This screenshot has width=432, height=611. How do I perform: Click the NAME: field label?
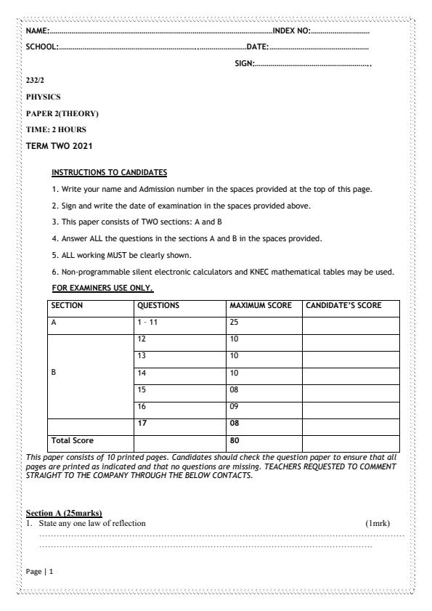point(37,31)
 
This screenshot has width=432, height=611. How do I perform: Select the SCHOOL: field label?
point(41,47)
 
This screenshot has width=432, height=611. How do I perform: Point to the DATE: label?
point(258,47)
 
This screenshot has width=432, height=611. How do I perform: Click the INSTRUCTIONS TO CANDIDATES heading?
point(109,173)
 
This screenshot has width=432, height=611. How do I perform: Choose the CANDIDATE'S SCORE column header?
point(343,306)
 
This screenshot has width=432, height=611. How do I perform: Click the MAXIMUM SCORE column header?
point(260,306)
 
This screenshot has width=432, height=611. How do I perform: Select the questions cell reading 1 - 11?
point(147,323)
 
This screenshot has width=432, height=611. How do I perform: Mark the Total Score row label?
point(73,440)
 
